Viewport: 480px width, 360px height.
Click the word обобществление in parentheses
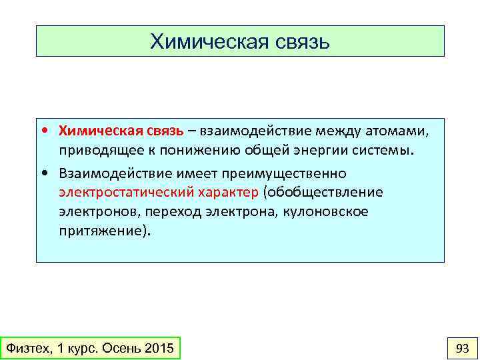(324, 193)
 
